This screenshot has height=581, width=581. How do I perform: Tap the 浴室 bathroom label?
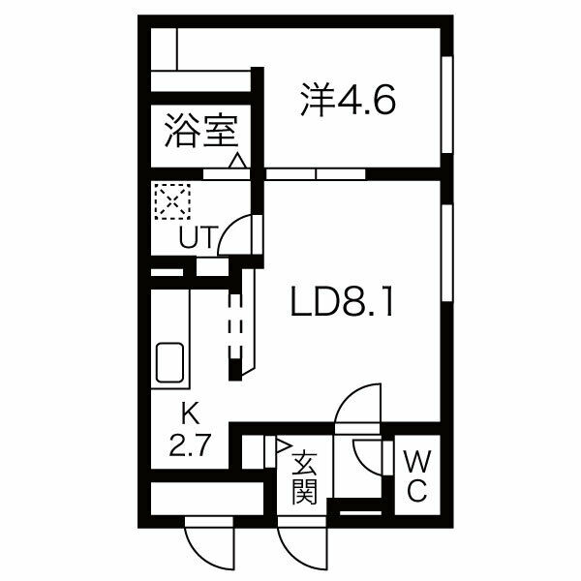click(200, 131)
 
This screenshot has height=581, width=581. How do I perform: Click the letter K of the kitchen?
click(192, 416)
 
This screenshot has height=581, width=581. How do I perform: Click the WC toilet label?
click(415, 474)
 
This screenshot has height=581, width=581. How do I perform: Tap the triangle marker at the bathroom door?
click(236, 161)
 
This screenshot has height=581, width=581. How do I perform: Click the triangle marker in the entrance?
click(283, 446)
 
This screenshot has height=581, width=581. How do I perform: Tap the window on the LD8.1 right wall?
click(447, 252)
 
